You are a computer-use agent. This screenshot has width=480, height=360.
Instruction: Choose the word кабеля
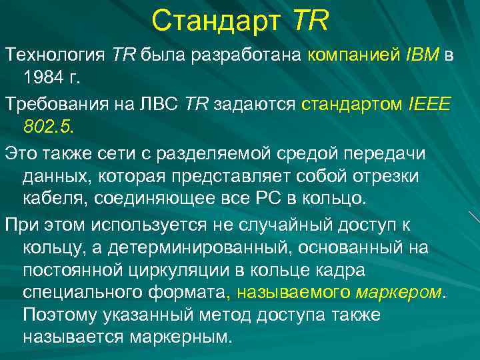(x=54, y=198)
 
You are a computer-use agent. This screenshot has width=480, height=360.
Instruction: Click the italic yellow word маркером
(x=399, y=293)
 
